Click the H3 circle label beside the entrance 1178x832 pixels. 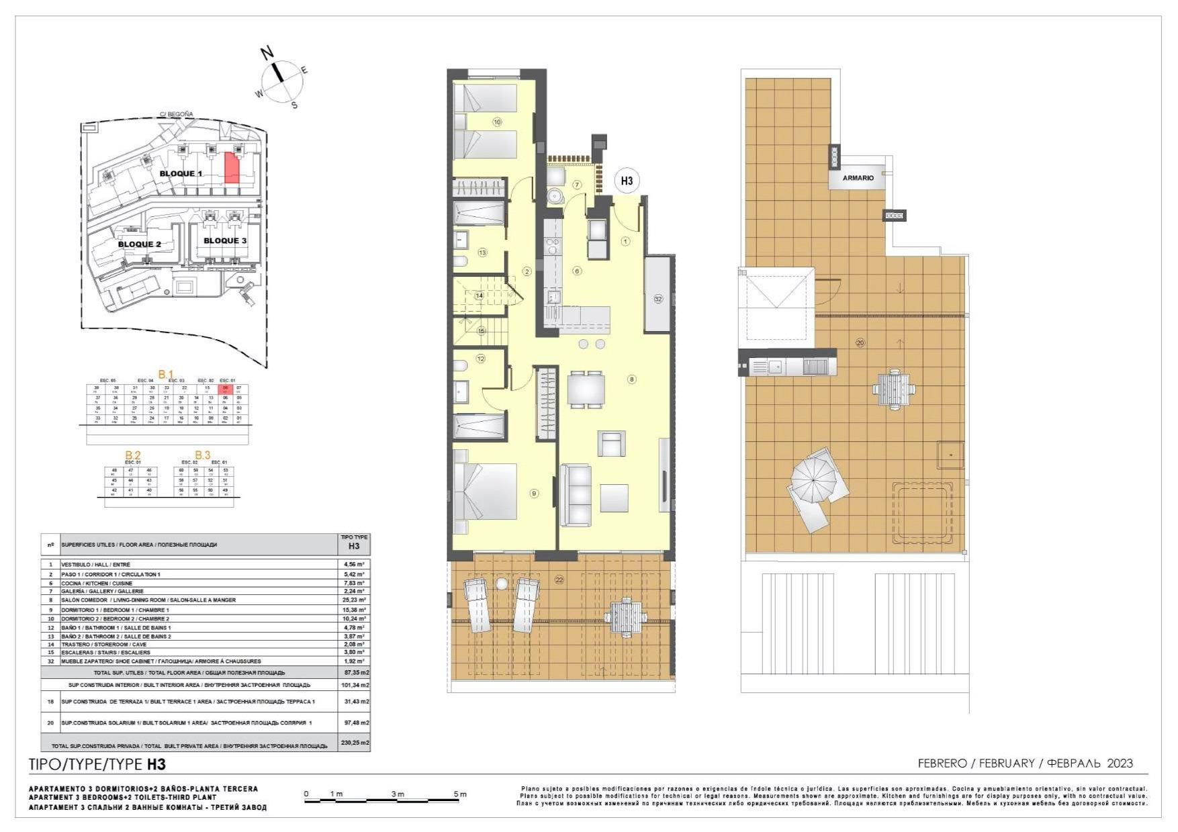coord(627,181)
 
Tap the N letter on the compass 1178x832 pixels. coord(267,52)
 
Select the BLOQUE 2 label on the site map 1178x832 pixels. coord(140,244)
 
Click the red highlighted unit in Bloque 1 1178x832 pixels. coord(231,168)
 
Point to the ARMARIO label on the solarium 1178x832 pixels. coord(858,178)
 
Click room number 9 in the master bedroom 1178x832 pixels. coord(535,494)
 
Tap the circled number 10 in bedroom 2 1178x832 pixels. coord(497,122)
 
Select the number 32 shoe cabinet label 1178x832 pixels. coord(658,299)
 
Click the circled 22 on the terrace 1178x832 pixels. coord(559,579)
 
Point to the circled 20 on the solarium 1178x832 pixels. coord(860,342)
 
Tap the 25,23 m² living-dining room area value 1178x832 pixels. coord(354,600)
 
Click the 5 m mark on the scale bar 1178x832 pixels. coord(460,794)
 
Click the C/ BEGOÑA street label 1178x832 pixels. coord(176,114)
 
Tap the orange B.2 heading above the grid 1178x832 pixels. coord(133,455)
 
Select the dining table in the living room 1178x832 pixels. coord(586,389)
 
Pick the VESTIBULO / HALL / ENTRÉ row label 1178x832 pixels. coord(96,565)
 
